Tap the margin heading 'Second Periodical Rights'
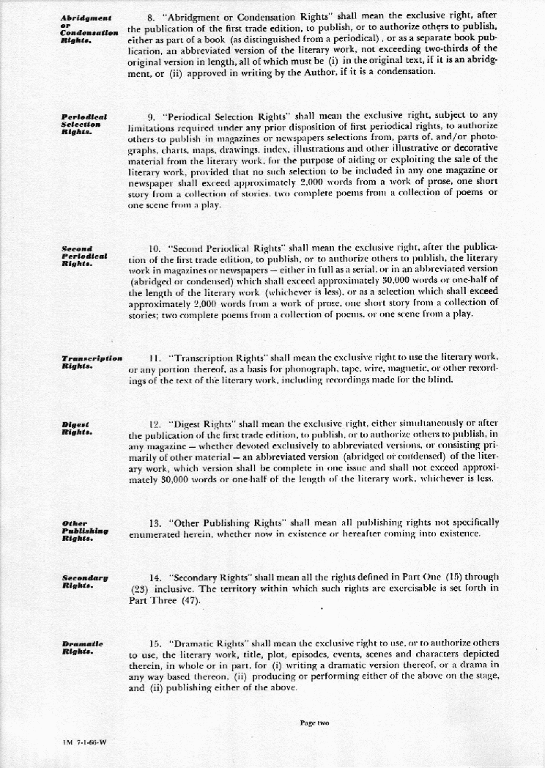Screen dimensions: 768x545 (85, 256)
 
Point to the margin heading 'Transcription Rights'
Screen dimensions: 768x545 (92, 361)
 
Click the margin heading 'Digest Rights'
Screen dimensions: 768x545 (77, 429)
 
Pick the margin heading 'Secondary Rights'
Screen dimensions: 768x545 (86, 582)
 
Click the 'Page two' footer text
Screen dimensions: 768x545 (315, 723)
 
